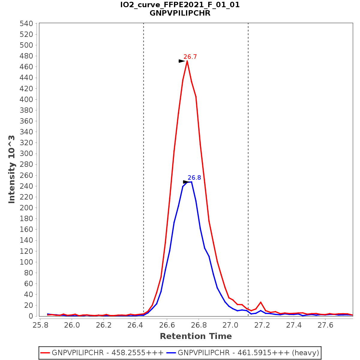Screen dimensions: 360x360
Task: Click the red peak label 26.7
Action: [x=190, y=57]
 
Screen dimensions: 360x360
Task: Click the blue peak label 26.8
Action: [x=194, y=178]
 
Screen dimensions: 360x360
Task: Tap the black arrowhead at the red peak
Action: [x=182, y=61]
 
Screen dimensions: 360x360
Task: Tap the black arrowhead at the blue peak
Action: [x=186, y=182]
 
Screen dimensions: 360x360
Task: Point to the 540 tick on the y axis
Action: [x=26, y=23]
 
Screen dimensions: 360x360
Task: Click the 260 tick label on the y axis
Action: [x=26, y=175]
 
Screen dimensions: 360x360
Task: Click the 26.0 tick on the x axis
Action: [x=72, y=325]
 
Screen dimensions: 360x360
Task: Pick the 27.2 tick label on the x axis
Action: [x=262, y=325]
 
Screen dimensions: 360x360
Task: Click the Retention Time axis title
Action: [x=196, y=336]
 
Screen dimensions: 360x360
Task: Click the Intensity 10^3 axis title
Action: [x=12, y=169]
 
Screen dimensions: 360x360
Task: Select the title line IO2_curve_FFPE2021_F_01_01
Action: [x=180, y=5]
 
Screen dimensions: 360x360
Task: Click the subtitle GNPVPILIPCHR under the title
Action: [x=180, y=13]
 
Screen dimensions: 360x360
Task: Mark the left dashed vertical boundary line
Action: [x=144, y=150]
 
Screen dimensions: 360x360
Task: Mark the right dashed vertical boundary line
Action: [x=248, y=150]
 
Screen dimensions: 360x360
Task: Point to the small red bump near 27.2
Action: [x=261, y=302]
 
